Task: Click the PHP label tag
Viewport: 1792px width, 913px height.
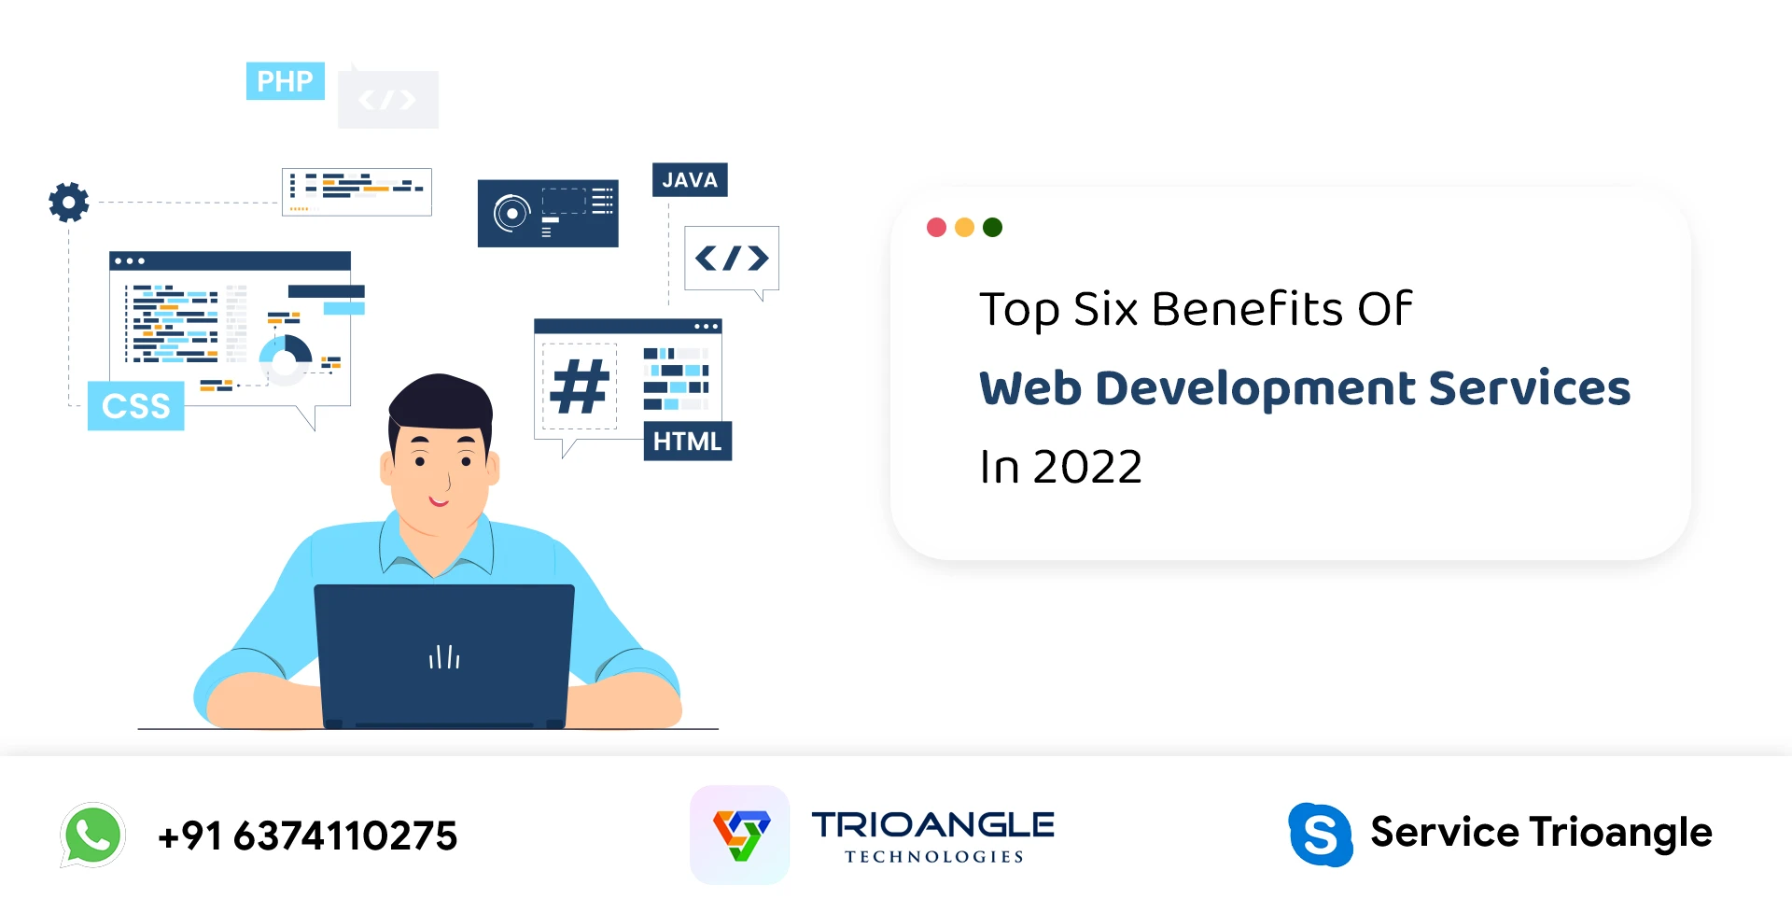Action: [x=286, y=81]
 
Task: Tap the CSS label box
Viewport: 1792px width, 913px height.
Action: [x=136, y=406]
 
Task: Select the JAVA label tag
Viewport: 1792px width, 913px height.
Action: [x=690, y=180]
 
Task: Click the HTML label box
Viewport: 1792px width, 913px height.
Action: [x=688, y=442]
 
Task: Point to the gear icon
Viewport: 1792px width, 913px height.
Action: [x=69, y=202]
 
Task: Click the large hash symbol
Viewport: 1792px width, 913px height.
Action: [x=580, y=386]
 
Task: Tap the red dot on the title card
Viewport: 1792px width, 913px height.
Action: [x=937, y=227]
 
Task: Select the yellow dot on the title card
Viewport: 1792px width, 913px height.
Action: [x=965, y=227]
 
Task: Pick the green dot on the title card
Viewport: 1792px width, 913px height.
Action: [x=993, y=227]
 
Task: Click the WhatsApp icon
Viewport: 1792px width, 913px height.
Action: [x=92, y=835]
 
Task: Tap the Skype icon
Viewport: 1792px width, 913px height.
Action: [x=1321, y=835]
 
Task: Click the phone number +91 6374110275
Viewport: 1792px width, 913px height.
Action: [x=308, y=836]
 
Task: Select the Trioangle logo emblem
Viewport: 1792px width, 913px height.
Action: [x=740, y=835]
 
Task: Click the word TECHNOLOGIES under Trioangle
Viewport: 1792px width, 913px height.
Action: [x=934, y=857]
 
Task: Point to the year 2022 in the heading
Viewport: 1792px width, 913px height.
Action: [x=1088, y=467]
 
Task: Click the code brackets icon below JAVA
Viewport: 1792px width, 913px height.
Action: [x=732, y=259]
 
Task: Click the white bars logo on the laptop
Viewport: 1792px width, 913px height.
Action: [x=444, y=657]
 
